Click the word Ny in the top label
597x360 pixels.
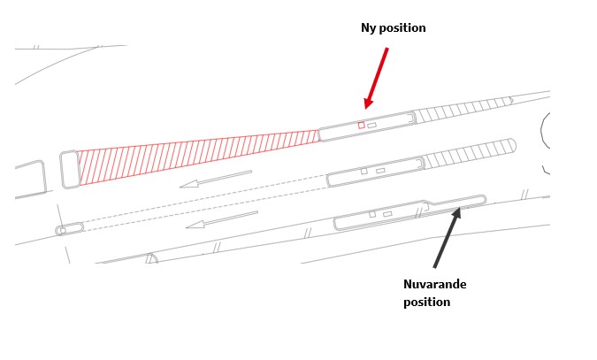click(x=369, y=28)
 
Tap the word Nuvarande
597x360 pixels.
click(x=434, y=284)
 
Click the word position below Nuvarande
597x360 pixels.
click(x=426, y=302)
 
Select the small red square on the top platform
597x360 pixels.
click(x=361, y=125)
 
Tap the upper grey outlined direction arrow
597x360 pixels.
click(x=215, y=179)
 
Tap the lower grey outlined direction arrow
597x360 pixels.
click(x=221, y=218)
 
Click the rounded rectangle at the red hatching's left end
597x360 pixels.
click(x=70, y=169)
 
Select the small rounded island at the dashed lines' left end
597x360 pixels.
click(x=70, y=229)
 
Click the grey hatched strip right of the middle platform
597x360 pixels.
click(x=469, y=152)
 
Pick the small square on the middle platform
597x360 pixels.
click(x=364, y=171)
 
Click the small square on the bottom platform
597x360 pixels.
click(x=372, y=214)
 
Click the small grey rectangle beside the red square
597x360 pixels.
click(x=371, y=125)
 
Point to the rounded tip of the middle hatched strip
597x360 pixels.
click(x=512, y=143)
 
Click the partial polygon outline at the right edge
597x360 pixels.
click(x=545, y=142)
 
